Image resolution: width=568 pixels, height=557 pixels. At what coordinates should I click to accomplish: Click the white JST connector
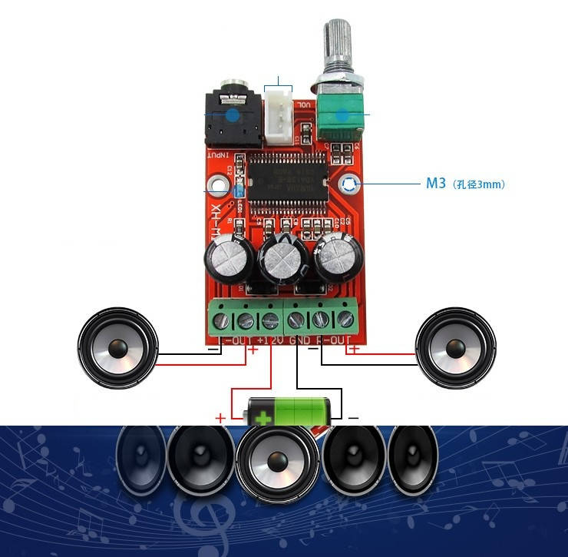pyautogui.click(x=278, y=118)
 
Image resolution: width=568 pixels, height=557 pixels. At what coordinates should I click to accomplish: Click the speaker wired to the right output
pyautogui.click(x=453, y=348)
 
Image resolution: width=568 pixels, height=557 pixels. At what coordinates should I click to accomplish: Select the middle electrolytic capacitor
pyautogui.click(x=282, y=261)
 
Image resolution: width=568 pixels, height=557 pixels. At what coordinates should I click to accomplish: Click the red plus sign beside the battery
pyautogui.click(x=220, y=418)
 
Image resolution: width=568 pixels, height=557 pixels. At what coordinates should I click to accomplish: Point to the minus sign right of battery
pyautogui.click(x=352, y=418)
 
